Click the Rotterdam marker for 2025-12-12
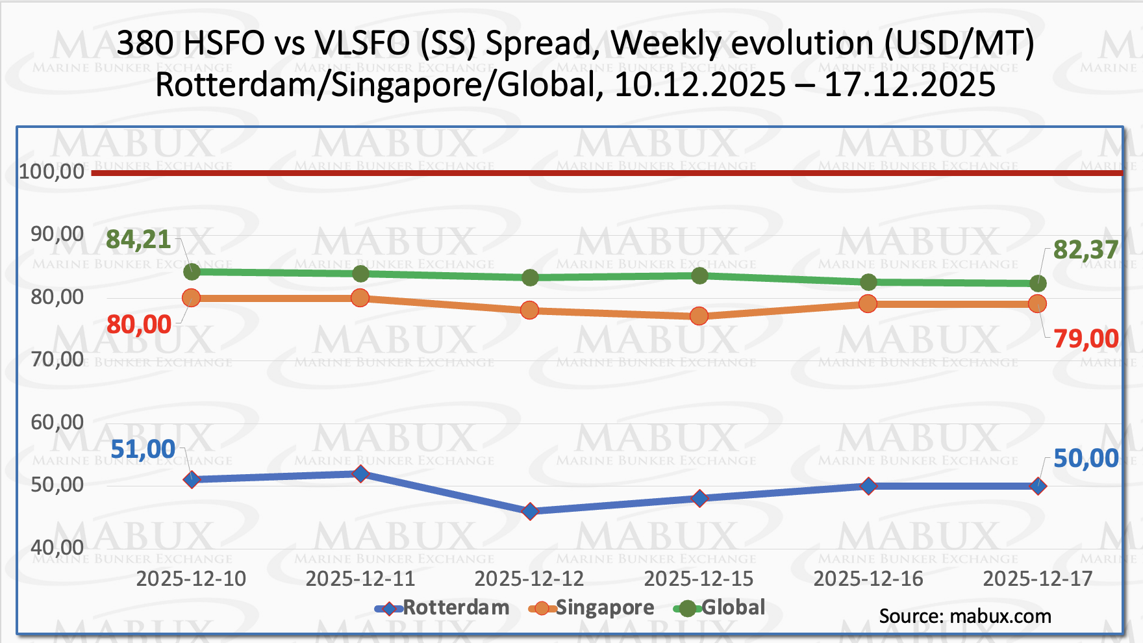[530, 512]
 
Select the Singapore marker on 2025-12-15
[699, 316]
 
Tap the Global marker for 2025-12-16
[868, 283]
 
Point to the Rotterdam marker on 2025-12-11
[360, 474]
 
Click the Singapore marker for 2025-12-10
[191, 298]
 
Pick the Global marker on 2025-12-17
[1038, 284]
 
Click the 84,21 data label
[138, 240]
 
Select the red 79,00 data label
[1086, 338]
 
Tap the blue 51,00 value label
[143, 449]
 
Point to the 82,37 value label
[1085, 249]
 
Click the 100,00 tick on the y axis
[52, 171]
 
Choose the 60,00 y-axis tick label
[57, 422]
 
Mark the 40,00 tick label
[57, 548]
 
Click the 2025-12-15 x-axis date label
[699, 579]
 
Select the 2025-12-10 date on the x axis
[191, 579]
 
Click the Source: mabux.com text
[965, 616]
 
